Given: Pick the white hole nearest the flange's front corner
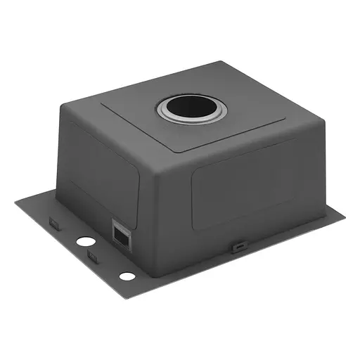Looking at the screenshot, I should click(x=127, y=276).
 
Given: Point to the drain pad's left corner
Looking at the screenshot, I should click(x=102, y=105).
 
